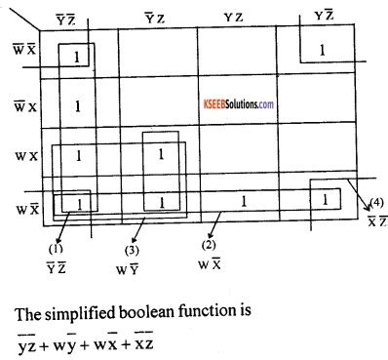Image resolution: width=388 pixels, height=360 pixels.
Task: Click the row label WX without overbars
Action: tap(22, 155)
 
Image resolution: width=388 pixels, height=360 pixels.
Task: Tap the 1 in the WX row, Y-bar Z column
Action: tap(161, 154)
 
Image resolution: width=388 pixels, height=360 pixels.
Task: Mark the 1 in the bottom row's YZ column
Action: tap(244, 201)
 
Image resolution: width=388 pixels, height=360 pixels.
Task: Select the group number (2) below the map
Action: tap(210, 244)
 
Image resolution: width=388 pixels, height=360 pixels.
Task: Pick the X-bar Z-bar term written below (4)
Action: tap(376, 221)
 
